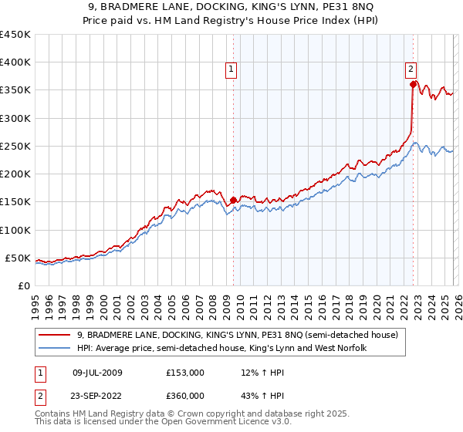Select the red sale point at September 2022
[x=414, y=85]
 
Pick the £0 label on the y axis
[x=23, y=285]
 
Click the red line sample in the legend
[x=54, y=336]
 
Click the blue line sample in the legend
[x=54, y=349]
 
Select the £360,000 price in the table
[x=185, y=396]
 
